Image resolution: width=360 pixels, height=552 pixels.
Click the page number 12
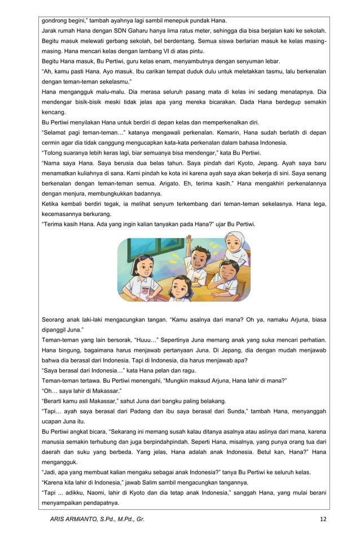(x=323, y=519)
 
